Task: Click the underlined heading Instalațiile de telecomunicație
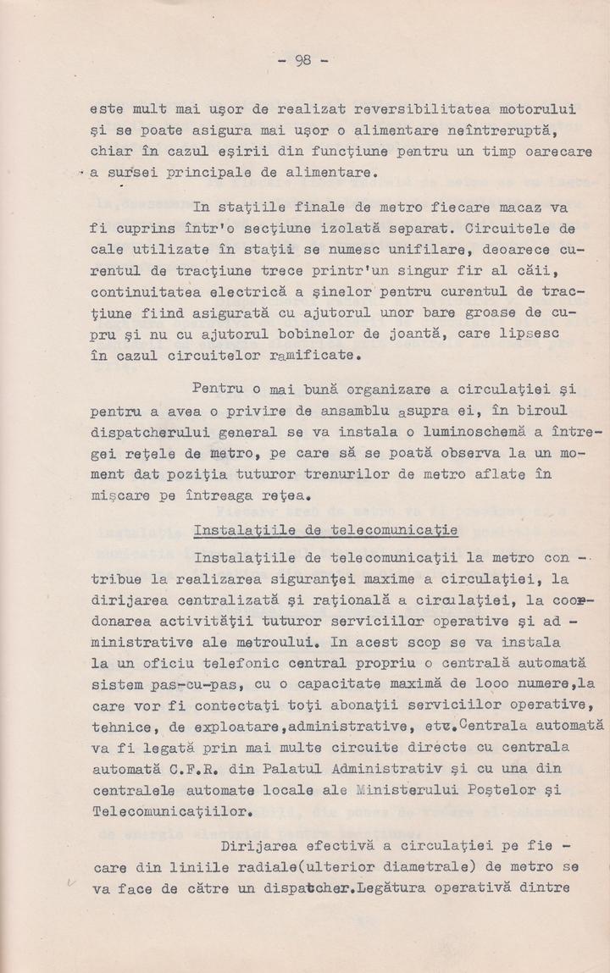326,531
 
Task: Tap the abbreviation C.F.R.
191,768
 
